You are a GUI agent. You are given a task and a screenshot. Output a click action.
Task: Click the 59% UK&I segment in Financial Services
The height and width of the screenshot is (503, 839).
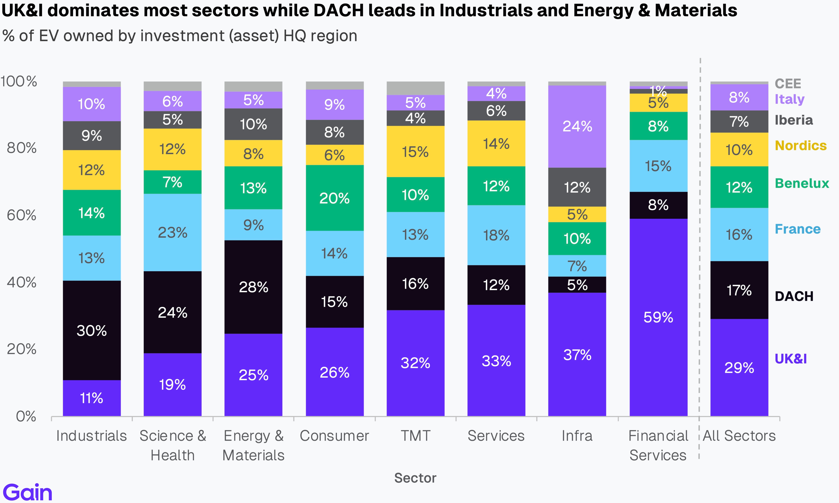pyautogui.click(x=658, y=317)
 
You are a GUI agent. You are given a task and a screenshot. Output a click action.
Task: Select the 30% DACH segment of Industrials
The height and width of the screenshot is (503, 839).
pyautogui.click(x=92, y=330)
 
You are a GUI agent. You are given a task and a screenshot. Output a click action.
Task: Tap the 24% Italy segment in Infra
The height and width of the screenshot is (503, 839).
pyautogui.click(x=577, y=126)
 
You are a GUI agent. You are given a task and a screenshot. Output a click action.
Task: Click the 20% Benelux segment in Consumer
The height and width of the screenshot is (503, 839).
pyautogui.click(x=334, y=198)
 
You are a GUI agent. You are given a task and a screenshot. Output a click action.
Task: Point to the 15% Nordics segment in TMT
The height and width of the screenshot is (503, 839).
pyautogui.click(x=415, y=151)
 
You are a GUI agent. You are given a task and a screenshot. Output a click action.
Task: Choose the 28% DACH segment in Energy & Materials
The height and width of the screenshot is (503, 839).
pyautogui.click(x=253, y=287)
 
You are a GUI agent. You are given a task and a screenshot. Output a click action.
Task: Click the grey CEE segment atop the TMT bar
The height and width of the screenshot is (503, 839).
pyautogui.click(x=415, y=88)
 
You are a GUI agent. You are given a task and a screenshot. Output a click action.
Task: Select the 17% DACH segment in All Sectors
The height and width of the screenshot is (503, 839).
pyautogui.click(x=739, y=290)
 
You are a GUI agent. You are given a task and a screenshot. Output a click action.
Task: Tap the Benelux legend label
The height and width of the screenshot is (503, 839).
pyautogui.click(x=802, y=183)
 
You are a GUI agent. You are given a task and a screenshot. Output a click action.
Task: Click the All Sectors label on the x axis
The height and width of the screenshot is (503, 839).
pyautogui.click(x=739, y=436)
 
